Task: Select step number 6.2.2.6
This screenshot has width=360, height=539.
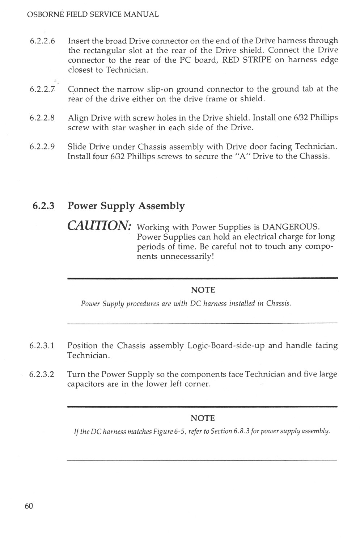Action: (x=42, y=41)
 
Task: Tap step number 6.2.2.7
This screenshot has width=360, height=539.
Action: (x=42, y=89)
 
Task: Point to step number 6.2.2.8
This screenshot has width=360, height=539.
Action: (x=42, y=118)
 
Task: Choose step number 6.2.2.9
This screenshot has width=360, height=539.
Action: (x=42, y=147)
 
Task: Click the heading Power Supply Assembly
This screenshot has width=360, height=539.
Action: (x=126, y=206)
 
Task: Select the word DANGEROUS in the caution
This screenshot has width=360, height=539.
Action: (x=291, y=227)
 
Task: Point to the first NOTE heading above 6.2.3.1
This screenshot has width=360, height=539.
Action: (x=203, y=290)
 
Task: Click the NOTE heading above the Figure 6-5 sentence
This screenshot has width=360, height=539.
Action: (x=203, y=418)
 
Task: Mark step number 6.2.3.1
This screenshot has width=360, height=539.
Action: (x=42, y=346)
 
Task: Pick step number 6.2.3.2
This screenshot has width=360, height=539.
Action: (x=42, y=374)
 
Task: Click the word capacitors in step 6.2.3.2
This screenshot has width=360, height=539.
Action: (x=85, y=384)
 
